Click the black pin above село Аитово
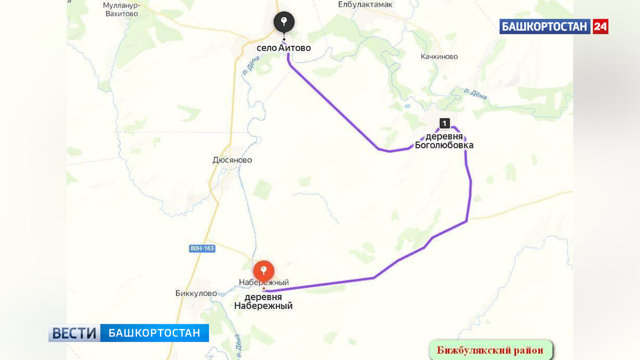[x=284, y=22]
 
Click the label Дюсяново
[x=232, y=160]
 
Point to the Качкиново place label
[x=439, y=57]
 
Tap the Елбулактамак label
[x=365, y=4]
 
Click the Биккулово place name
[x=196, y=293]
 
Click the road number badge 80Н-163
[x=202, y=248]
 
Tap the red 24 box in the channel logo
[x=601, y=26]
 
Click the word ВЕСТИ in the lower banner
[x=74, y=333]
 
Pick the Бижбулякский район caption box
[x=490, y=350]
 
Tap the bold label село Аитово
[x=284, y=48]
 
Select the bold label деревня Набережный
[x=263, y=302]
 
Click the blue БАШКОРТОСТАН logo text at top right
[x=545, y=26]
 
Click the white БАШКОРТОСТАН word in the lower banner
[x=155, y=333]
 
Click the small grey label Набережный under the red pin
[x=263, y=282]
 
